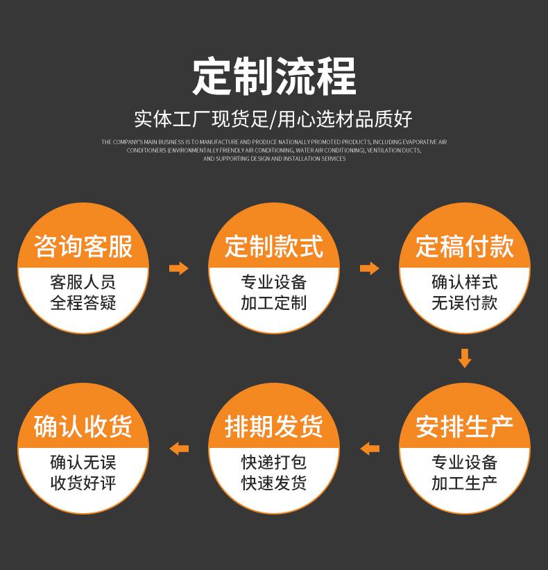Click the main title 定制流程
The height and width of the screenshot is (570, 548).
(x=274, y=76)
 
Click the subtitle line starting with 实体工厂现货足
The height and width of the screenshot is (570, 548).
(x=274, y=119)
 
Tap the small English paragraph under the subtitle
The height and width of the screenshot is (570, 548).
(x=274, y=150)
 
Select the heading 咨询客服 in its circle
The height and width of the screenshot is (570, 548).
(x=83, y=246)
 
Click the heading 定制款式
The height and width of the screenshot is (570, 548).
(x=274, y=246)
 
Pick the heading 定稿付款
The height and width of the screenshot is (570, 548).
(x=465, y=246)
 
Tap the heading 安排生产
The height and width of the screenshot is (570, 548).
(x=465, y=426)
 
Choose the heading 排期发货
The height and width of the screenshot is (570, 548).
(x=274, y=426)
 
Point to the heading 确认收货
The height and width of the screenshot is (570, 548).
(x=83, y=426)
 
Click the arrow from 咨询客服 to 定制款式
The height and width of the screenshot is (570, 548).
(x=179, y=268)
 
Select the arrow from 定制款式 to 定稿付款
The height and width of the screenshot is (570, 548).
(x=370, y=268)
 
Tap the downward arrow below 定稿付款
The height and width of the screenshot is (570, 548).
(x=465, y=358)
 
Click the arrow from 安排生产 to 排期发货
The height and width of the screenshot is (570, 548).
(x=370, y=448)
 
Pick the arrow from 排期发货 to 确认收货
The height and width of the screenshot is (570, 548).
(x=179, y=448)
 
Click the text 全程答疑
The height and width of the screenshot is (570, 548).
(x=83, y=303)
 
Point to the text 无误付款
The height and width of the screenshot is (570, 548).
(x=465, y=303)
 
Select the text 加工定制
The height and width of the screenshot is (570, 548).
(x=274, y=303)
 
